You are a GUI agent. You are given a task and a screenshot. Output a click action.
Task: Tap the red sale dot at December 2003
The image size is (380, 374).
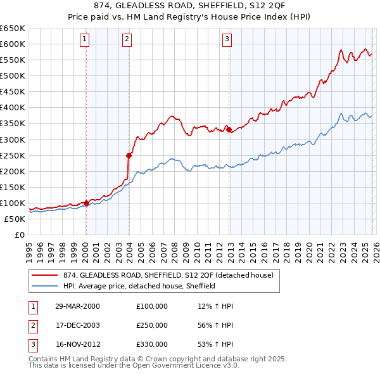click(x=129, y=155)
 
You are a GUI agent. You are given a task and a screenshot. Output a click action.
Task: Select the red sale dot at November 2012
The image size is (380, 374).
click(x=229, y=129)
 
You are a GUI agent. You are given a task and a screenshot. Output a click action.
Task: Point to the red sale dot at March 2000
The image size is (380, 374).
click(x=86, y=203)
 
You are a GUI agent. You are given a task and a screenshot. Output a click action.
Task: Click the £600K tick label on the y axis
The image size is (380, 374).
click(x=13, y=44)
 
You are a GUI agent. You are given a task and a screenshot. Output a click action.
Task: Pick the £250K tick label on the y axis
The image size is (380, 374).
click(x=13, y=155)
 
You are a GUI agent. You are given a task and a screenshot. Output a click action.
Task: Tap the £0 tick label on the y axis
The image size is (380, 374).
click(x=19, y=235)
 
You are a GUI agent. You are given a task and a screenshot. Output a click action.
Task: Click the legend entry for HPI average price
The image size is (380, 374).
click(x=139, y=286)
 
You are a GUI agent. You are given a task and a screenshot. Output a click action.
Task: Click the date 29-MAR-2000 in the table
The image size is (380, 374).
click(x=77, y=306)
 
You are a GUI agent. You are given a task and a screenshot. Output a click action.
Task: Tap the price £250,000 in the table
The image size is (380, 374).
click(x=152, y=325)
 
